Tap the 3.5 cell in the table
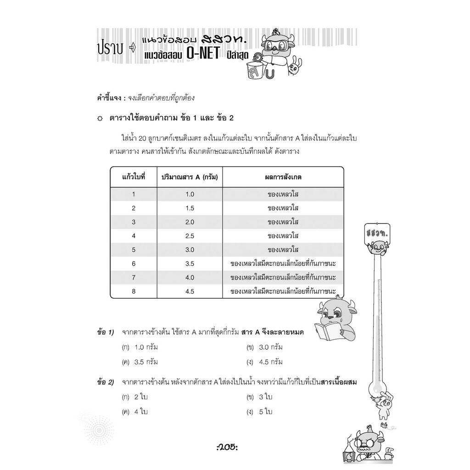(x=190, y=263)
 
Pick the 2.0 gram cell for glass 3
(x=190, y=222)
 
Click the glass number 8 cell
(x=134, y=291)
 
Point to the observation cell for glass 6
(x=283, y=263)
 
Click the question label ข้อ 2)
(x=106, y=382)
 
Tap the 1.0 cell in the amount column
(x=190, y=194)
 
